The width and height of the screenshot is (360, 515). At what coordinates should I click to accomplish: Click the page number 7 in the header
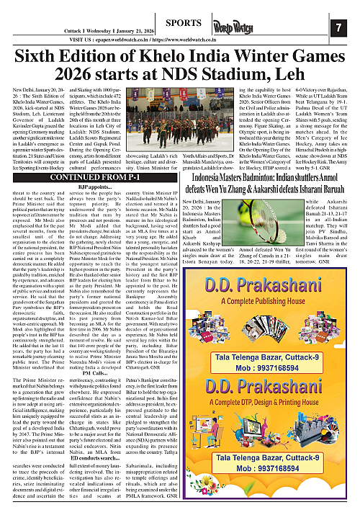(338, 28)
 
